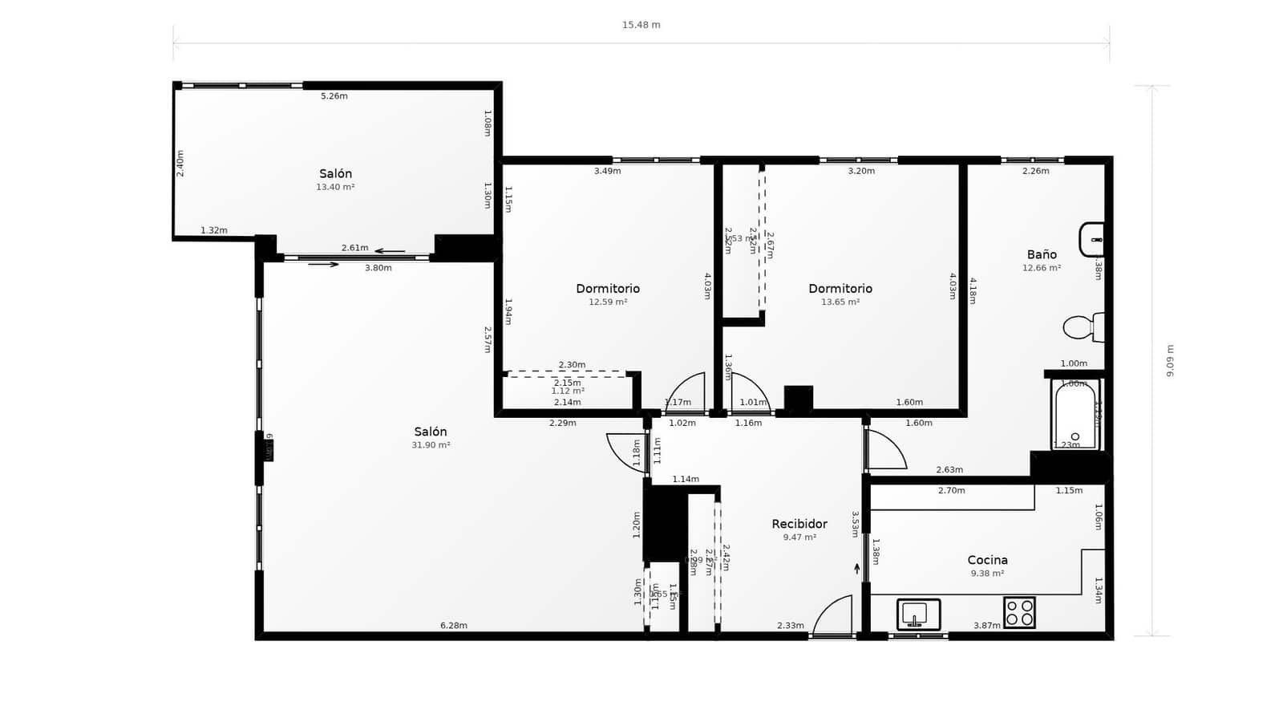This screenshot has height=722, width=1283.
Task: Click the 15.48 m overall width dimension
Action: tap(641, 25)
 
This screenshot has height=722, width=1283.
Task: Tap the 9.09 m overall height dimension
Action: tap(1170, 361)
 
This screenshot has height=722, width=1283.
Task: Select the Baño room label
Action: tap(1041, 254)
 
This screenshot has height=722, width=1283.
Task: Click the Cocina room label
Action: tap(987, 560)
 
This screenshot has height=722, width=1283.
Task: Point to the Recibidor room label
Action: tap(799, 524)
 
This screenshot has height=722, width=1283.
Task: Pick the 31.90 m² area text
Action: tap(431, 445)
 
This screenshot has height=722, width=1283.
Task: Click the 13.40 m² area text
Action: tap(335, 187)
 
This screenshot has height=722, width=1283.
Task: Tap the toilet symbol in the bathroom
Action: tap(1083, 327)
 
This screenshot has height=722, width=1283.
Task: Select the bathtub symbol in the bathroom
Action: tap(1075, 415)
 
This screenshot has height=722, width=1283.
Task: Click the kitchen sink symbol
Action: tap(917, 614)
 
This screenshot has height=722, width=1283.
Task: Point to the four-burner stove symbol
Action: tap(1019, 613)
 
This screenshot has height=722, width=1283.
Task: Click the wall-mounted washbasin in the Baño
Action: tap(1092, 239)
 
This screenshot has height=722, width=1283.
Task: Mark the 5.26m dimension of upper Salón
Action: tap(334, 96)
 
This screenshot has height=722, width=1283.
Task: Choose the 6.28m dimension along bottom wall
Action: tap(453, 626)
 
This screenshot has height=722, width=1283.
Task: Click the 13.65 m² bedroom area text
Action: tap(840, 302)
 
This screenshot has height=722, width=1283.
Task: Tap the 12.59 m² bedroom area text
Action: tap(608, 302)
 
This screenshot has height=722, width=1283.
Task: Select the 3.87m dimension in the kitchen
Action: tap(986, 626)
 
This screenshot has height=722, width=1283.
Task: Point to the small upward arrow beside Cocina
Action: tap(856, 569)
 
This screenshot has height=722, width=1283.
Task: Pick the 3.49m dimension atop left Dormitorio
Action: tap(607, 171)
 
